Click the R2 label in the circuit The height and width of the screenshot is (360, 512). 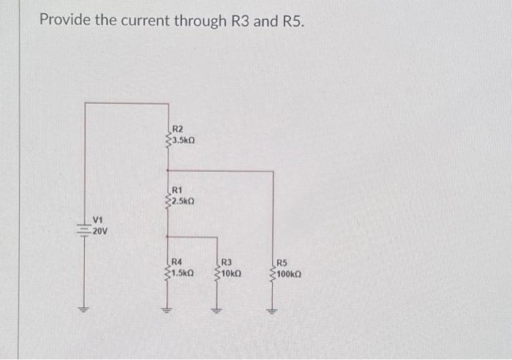coord(178,129)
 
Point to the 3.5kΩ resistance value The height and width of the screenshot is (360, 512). coord(184,139)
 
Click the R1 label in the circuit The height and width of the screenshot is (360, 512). coord(178,188)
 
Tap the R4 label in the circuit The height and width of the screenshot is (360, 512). coord(178,261)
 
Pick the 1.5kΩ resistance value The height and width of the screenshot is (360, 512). coord(182,272)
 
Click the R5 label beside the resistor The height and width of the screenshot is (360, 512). coord(284,261)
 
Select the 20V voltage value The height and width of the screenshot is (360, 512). coord(100,231)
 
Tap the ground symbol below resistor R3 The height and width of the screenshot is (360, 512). coord(216,310)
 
